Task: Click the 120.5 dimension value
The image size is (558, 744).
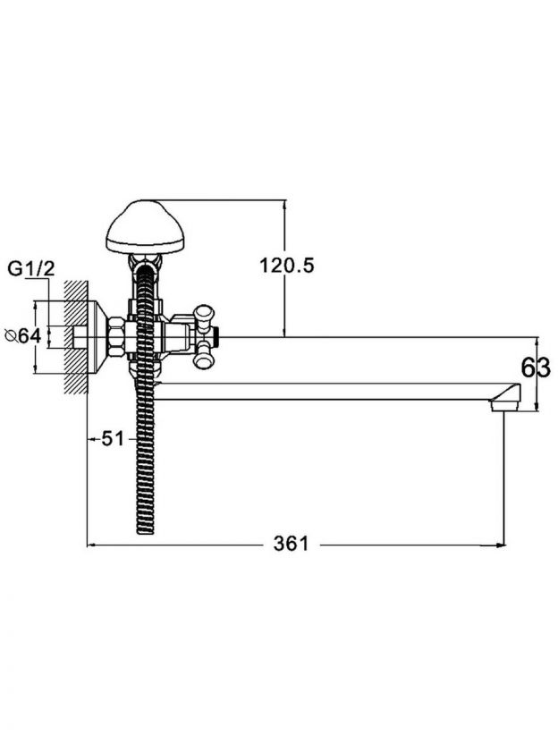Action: pos(286,266)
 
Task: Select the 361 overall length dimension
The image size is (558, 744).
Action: pos(291,544)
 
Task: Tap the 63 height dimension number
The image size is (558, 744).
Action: pos(536,368)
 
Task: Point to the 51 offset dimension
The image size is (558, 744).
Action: pos(113,439)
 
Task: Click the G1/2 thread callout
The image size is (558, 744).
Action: pos(31,269)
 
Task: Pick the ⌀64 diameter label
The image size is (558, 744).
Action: pos(22,336)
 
